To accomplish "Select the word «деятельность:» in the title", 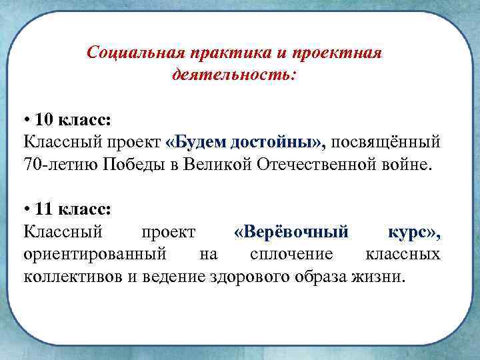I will pyautogui.click(x=233, y=73).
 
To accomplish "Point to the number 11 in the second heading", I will pyautogui.click(x=45, y=209).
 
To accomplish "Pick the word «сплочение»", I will pyautogui.click(x=290, y=254).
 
